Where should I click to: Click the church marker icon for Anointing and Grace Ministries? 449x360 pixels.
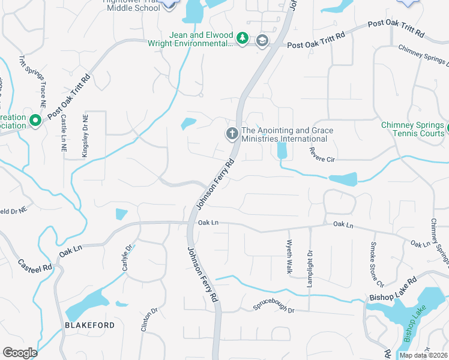coord(232,134)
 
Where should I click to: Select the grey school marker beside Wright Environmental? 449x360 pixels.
coord(262,41)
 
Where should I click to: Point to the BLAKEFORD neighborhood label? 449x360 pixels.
coord(89,325)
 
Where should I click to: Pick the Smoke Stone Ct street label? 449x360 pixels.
coord(376,263)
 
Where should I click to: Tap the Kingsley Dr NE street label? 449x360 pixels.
coord(85,136)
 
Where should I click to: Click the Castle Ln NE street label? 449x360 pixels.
coord(64,134)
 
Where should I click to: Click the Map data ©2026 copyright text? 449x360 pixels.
coord(423,355)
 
